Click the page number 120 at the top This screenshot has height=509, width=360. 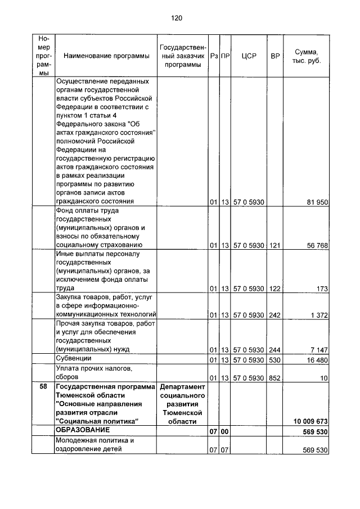pyautogui.click(x=177, y=18)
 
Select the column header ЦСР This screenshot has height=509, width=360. pyautogui.click(x=249, y=56)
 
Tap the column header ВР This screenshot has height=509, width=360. pyautogui.click(x=275, y=56)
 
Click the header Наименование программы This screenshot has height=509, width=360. pyautogui.click(x=102, y=56)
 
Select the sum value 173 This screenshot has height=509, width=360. pyautogui.click(x=322, y=289)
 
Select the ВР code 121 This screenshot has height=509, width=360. pyautogui.click(x=274, y=245)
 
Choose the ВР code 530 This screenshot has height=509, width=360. pyautogui.click(x=274, y=359)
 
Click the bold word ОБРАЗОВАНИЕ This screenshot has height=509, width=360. pyautogui.click(x=82, y=430)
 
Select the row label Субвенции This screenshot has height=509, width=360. pyautogui.click(x=73, y=358)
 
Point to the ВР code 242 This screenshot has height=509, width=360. pyautogui.click(x=274, y=314)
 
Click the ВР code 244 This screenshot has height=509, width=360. pyautogui.click(x=274, y=349)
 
